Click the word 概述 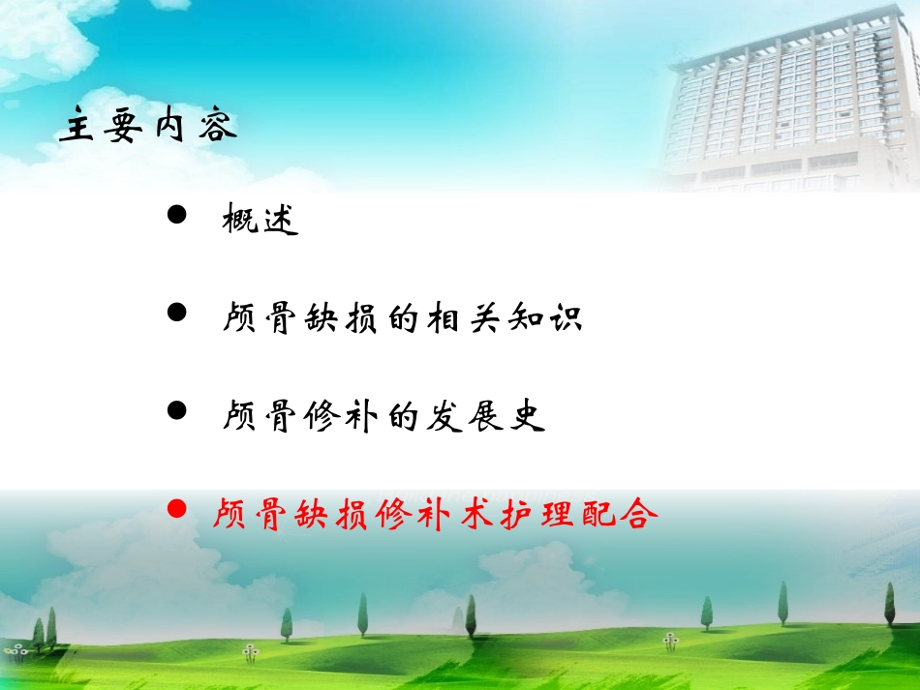click(260, 221)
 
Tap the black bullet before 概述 click(176, 216)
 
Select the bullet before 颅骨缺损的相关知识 click(176, 314)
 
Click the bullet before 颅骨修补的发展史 click(176, 411)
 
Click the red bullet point click(176, 508)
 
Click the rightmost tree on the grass click(889, 605)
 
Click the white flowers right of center click(670, 640)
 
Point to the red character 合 click(638, 513)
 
